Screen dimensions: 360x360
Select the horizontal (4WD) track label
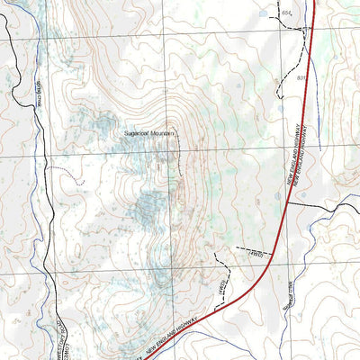pos(254,255)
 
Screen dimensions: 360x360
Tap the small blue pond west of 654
pos(264,13)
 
